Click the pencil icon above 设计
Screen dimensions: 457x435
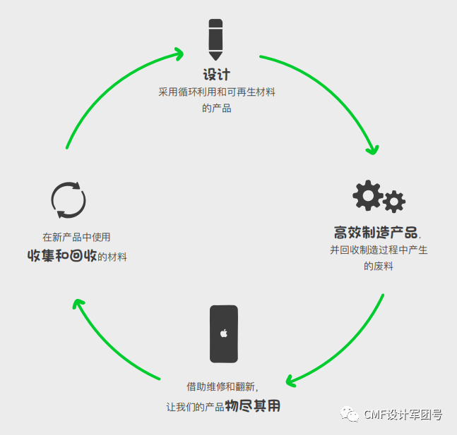tap(215, 39)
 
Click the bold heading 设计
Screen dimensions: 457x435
tap(217, 75)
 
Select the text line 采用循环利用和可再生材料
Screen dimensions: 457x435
tap(217, 92)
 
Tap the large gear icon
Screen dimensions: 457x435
tap(367, 196)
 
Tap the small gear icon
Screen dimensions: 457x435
tap(394, 202)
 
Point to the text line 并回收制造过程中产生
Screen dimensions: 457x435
tap(379, 250)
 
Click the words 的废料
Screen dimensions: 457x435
tap(379, 266)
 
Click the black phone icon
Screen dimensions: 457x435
tap(224, 333)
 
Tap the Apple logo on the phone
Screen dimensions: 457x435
tap(224, 333)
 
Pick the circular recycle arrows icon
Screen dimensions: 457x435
tap(69, 200)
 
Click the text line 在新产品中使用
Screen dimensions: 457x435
tap(76, 238)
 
